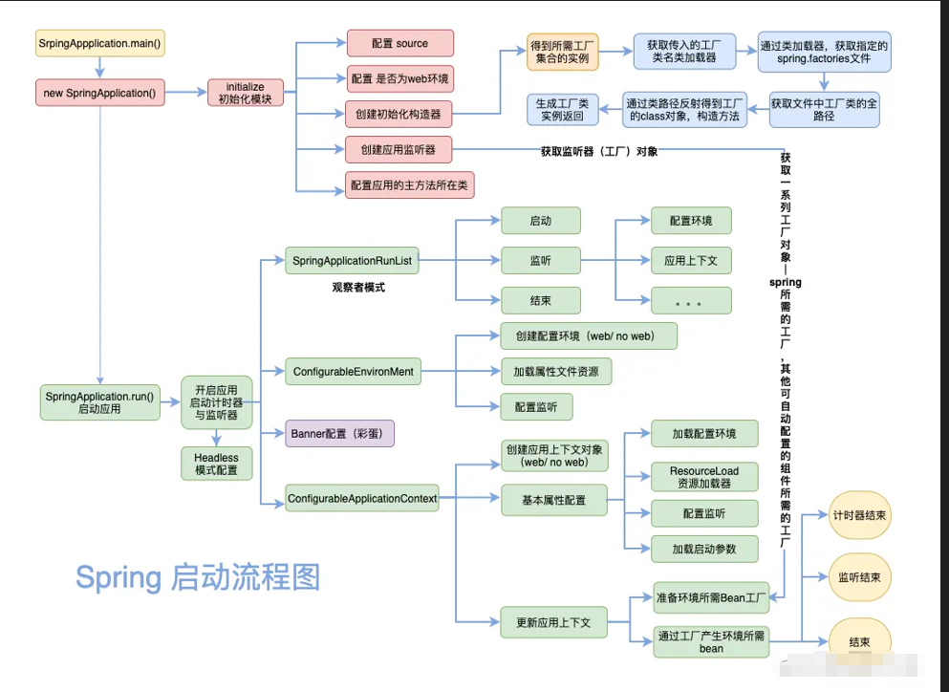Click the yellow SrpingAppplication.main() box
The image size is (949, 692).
99,44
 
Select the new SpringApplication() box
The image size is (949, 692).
99,93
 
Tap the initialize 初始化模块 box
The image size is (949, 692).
246,93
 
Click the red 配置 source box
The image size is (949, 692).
399,43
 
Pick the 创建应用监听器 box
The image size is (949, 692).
399,150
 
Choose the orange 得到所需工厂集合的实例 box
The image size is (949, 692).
565,52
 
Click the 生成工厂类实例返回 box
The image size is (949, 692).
563,109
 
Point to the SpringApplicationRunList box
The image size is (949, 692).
354,260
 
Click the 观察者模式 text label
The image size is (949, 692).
358,287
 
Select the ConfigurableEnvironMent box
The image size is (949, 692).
353,371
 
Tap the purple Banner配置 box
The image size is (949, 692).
339,433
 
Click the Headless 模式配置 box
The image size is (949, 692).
216,464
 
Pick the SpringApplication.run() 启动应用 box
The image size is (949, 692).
99,401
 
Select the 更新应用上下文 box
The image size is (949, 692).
553,622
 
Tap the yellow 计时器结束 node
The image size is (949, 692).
859,515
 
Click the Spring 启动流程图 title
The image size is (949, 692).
198,577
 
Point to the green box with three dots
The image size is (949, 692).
691,301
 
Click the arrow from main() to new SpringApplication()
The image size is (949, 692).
99,68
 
